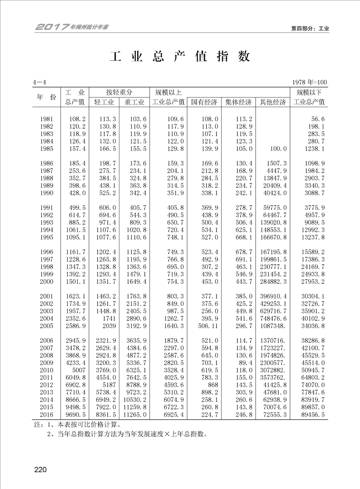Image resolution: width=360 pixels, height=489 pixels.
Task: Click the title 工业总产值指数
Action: (x=180, y=57)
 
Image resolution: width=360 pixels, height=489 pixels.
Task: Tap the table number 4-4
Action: (x=39, y=82)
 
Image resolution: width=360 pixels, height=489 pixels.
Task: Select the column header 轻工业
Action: (x=103, y=102)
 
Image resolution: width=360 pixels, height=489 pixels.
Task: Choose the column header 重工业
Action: (x=134, y=102)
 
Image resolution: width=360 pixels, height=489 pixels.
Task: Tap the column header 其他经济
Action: (x=273, y=102)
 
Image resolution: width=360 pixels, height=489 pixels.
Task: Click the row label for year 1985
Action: (x=46, y=148)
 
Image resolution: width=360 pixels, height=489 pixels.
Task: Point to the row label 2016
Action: (x=46, y=415)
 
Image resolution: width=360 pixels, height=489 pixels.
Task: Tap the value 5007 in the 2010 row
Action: (x=78, y=370)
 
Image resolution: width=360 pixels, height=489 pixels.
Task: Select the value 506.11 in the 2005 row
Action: (x=208, y=326)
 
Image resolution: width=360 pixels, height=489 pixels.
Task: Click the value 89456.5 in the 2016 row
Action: (x=311, y=415)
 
